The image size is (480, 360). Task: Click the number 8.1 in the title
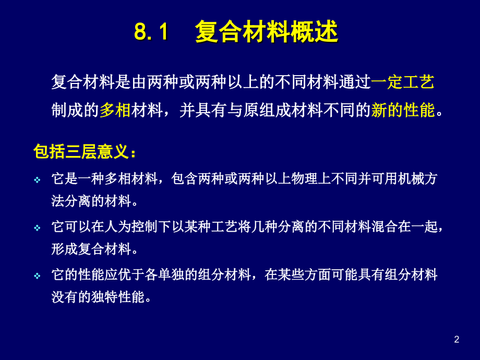click(x=151, y=32)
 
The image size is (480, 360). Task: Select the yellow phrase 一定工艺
click(x=403, y=82)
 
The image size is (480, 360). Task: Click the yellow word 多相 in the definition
click(x=115, y=110)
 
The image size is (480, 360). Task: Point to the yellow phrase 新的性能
click(x=403, y=110)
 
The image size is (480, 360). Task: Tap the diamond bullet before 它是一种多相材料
click(x=37, y=180)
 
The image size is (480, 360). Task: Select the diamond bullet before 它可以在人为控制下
click(x=37, y=228)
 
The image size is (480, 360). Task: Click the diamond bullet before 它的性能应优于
click(x=37, y=276)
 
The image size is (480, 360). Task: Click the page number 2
click(x=457, y=340)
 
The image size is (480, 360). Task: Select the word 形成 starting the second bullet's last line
click(x=64, y=249)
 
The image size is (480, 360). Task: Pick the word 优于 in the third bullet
click(x=133, y=275)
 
